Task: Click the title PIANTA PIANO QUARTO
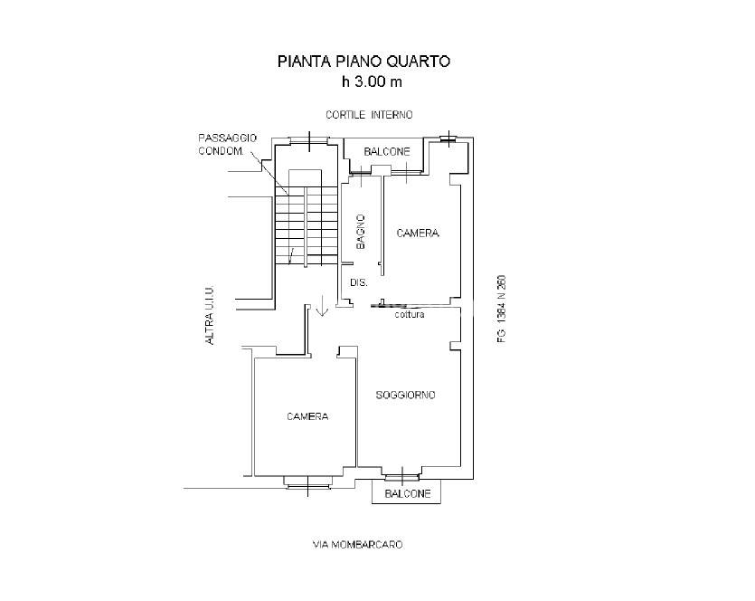(363, 62)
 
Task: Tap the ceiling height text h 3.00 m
(372, 82)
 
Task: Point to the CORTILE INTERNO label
(369, 115)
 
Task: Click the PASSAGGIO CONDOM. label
(227, 144)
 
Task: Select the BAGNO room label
(361, 232)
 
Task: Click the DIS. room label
(359, 283)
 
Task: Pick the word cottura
(410, 315)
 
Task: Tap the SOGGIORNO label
(405, 396)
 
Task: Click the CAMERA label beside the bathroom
(418, 234)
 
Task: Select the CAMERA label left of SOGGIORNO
(307, 416)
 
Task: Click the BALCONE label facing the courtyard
(387, 152)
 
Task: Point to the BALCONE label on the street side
(408, 494)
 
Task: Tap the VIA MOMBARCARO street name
(358, 545)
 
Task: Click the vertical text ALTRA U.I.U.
(210, 316)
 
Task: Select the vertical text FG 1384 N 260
(501, 309)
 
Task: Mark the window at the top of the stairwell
(309, 140)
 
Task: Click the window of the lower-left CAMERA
(307, 482)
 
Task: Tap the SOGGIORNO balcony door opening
(401, 477)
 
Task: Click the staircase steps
(307, 225)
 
